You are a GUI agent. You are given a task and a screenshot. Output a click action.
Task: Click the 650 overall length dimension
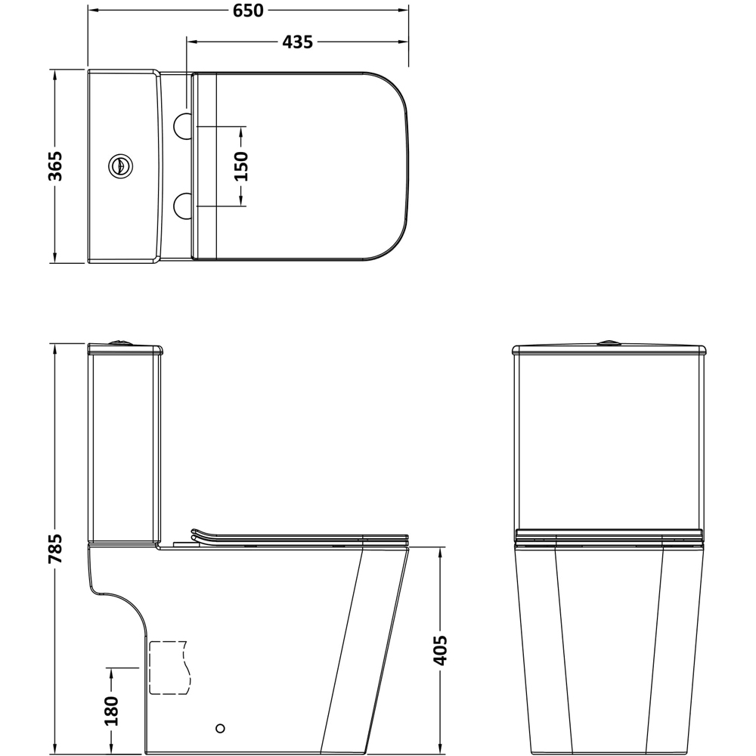click(x=248, y=11)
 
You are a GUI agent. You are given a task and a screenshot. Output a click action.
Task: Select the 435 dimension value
click(x=297, y=42)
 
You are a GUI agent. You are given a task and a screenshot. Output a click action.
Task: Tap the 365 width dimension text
click(x=54, y=166)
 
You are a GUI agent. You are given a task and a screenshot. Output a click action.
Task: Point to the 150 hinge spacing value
click(x=241, y=166)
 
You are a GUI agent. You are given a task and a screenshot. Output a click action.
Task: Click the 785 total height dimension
click(x=54, y=550)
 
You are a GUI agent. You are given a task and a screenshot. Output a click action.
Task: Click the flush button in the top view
click(x=119, y=166)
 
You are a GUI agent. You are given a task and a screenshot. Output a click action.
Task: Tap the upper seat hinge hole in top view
click(x=183, y=126)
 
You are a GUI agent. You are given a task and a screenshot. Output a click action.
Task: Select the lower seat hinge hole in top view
click(x=183, y=205)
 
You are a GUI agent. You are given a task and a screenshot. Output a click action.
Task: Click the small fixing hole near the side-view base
click(x=220, y=728)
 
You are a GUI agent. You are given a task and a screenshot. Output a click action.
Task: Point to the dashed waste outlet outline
click(x=168, y=668)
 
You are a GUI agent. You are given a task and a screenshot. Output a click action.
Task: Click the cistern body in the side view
click(x=125, y=446)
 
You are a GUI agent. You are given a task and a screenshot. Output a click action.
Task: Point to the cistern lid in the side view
click(x=125, y=350)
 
